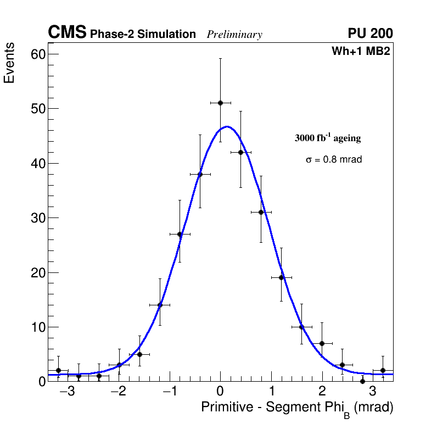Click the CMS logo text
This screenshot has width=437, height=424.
(x=67, y=33)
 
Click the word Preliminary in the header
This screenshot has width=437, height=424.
(x=234, y=35)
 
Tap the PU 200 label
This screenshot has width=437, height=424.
(x=370, y=34)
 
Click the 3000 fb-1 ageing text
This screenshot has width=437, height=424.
(x=328, y=138)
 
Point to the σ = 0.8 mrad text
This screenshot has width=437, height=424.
(x=334, y=160)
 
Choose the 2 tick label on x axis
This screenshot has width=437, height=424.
(x=322, y=393)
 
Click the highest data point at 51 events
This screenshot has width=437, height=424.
(x=220, y=103)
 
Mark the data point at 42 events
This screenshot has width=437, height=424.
(x=240, y=152)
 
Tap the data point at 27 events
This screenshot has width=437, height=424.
(x=180, y=234)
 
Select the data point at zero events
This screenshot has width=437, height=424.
(x=362, y=381)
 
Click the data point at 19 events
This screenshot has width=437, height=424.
(x=281, y=277)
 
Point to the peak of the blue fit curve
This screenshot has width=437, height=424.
(x=227, y=127)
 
